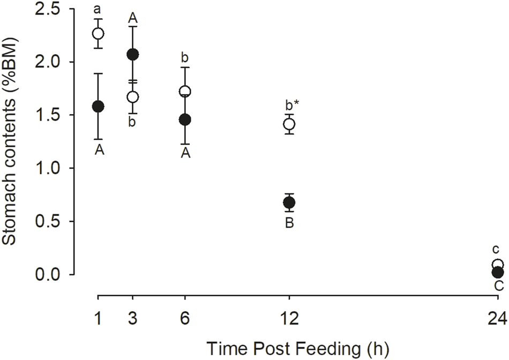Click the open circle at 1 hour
click(x=98, y=33)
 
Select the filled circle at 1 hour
click(x=98, y=106)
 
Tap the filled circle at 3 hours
click(x=133, y=54)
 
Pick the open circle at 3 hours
click(x=133, y=97)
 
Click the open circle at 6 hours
click(x=185, y=92)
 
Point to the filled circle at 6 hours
click(x=185, y=119)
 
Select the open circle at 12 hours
click(x=289, y=124)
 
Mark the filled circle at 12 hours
click(x=289, y=202)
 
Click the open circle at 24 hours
click(x=498, y=265)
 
